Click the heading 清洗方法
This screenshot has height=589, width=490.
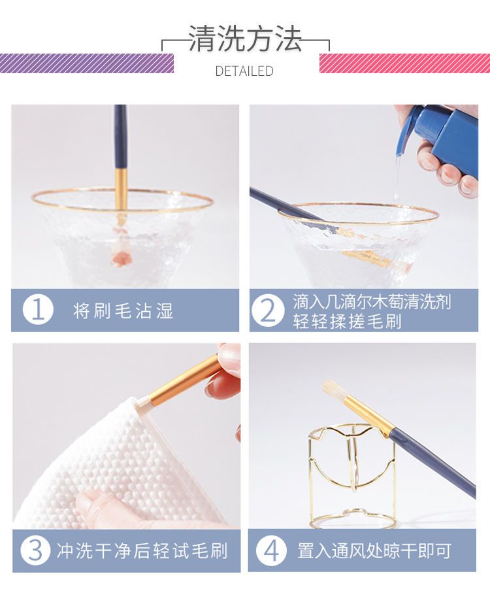(x=245, y=39)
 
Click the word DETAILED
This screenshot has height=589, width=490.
(x=244, y=71)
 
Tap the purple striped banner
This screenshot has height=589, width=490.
(x=87, y=63)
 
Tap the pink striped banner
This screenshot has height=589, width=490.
(x=404, y=63)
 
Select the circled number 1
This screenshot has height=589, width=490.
(x=38, y=311)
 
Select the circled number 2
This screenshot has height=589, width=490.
(x=268, y=311)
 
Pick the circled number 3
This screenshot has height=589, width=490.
(x=35, y=550)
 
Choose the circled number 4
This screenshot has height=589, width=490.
(x=271, y=550)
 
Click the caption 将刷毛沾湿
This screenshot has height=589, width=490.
(x=123, y=311)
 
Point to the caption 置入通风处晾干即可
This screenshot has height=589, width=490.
(x=374, y=550)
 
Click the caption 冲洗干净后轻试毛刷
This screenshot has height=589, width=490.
(x=142, y=550)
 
